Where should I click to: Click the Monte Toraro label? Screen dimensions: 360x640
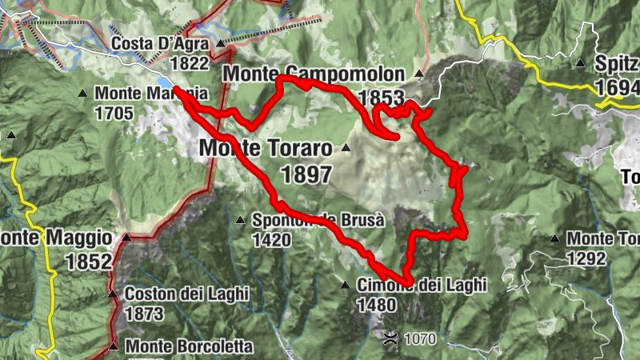265,149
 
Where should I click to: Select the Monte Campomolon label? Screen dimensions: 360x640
314,74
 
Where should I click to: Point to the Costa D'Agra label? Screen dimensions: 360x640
160,44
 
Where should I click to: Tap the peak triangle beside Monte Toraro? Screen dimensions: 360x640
346,148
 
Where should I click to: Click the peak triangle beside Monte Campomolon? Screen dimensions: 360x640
418,75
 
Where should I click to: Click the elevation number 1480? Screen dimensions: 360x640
377,305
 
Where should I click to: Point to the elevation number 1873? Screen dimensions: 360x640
145,314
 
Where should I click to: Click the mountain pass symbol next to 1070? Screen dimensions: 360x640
390,338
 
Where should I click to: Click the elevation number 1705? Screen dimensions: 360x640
114,113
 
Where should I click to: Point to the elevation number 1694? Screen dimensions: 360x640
617,86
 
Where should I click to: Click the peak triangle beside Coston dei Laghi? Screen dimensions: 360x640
113,294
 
